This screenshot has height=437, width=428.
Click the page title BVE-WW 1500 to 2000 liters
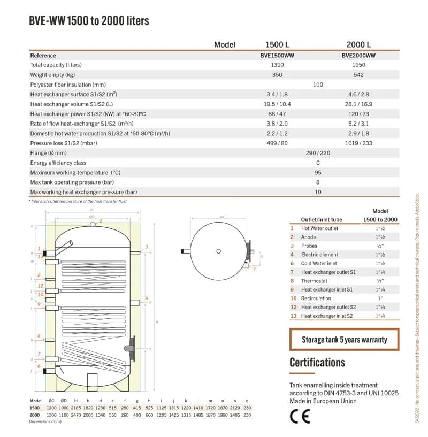[89, 21]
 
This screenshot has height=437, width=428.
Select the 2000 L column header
[358, 44]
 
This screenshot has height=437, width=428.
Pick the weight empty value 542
[358, 75]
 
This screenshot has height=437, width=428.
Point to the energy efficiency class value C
[318, 163]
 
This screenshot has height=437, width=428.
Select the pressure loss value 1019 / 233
[358, 143]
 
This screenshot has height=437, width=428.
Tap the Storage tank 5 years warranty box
[344, 340]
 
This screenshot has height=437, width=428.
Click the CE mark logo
[300, 416]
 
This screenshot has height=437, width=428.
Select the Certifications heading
[317, 362]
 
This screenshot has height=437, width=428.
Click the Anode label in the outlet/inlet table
[309, 237]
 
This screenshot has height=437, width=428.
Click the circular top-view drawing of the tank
[218, 251]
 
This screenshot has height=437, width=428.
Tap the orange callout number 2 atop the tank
[100, 220]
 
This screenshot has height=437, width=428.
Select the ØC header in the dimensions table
[51, 400]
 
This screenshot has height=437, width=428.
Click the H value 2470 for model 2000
[75, 415]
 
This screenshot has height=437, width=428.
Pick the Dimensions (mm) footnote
[45, 422]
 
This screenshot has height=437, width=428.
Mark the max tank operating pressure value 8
[318, 182]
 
